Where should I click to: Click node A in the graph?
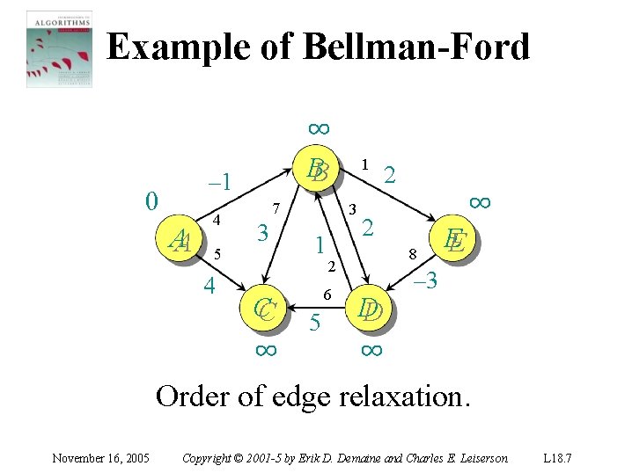[x=181, y=239]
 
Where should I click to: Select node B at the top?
[x=317, y=171]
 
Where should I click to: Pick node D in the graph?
[x=369, y=309]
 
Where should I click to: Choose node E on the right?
[x=454, y=240]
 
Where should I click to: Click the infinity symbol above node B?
[x=318, y=128]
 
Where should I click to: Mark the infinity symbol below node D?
[x=371, y=349]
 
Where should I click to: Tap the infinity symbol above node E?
[x=479, y=201]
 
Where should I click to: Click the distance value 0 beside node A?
[x=151, y=201]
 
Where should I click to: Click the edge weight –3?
[x=425, y=282]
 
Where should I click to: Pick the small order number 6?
[x=325, y=295]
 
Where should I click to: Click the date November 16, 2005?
[x=100, y=457]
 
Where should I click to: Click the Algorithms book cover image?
[x=59, y=48]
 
